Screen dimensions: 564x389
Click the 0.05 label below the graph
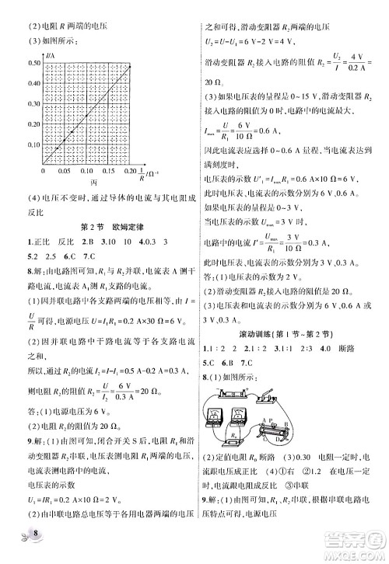(x=65, y=169)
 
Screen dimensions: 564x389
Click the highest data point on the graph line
(x=129, y=66)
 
